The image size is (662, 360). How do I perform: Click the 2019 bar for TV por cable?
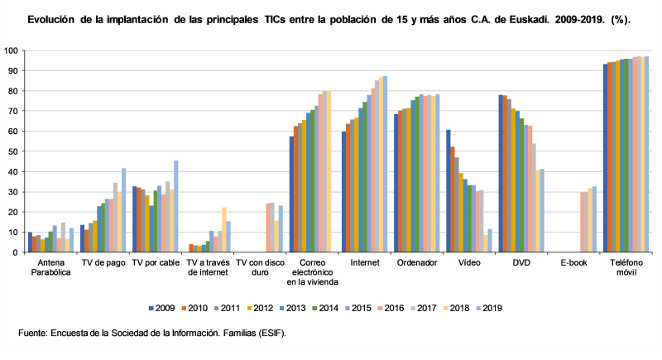(176, 206)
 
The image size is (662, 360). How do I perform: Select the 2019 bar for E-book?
(594, 219)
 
